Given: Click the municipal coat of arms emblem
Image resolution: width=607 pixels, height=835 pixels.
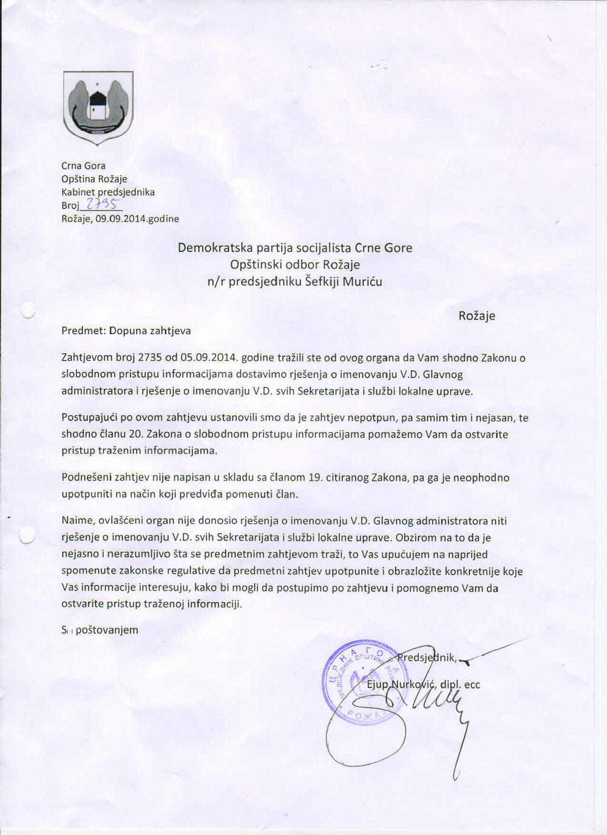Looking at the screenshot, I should pyautogui.click(x=98, y=107).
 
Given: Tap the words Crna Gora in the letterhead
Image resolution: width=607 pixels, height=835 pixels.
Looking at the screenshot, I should pyautogui.click(x=83, y=166).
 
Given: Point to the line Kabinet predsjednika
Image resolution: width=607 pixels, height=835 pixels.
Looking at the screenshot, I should pyautogui.click(x=108, y=192).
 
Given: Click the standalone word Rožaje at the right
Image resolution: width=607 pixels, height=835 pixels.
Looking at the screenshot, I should pyautogui.click(x=476, y=316).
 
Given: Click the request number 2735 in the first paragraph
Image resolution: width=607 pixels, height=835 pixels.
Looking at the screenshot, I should pyautogui.click(x=150, y=358).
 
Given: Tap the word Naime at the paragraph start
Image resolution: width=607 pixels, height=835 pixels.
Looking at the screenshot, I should pyautogui.click(x=77, y=521).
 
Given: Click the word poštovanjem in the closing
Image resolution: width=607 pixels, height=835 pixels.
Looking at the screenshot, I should pyautogui.click(x=107, y=630).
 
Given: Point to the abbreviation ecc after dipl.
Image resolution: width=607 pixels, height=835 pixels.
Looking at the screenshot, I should pyautogui.click(x=472, y=685).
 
